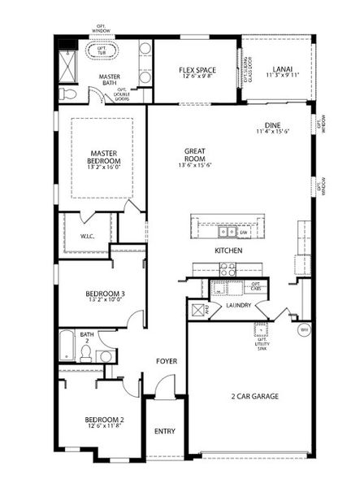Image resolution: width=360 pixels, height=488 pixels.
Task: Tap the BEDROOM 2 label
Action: [x=104, y=420]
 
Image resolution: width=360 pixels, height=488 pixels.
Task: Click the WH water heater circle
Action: [x=304, y=329]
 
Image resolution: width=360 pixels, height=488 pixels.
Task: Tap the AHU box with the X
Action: [x=195, y=309]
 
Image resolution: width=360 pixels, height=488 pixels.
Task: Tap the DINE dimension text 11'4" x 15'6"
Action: [x=272, y=131]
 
